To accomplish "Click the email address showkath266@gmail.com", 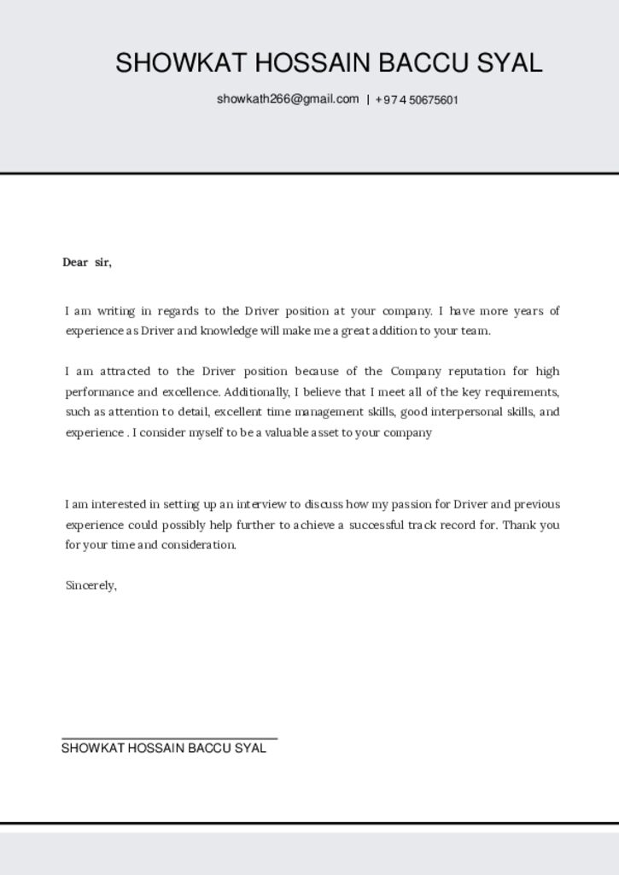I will pos(288,99).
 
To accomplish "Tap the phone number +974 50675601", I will pos(417,100).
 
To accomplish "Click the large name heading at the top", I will pos(329,62).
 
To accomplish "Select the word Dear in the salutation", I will pos(75,262).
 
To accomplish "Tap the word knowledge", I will pos(228,332).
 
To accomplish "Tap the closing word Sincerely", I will pos(91,586).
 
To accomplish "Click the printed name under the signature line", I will pos(164,749).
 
